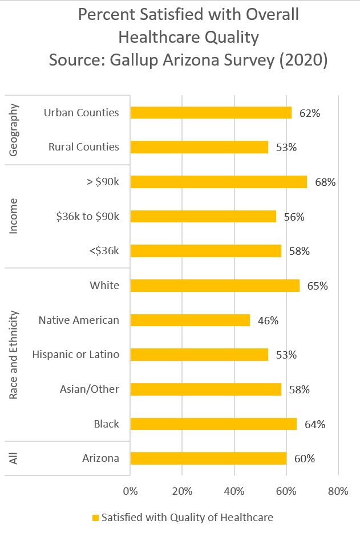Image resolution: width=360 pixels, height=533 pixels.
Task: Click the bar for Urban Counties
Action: click(x=211, y=112)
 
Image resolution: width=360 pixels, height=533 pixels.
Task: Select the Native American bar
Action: click(x=190, y=320)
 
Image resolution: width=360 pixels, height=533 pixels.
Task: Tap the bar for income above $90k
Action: click(x=219, y=182)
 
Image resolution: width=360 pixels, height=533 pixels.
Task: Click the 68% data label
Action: click(x=325, y=182)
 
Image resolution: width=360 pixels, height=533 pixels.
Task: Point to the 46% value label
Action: click(x=268, y=321)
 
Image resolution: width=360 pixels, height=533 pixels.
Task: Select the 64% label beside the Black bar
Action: click(x=315, y=425)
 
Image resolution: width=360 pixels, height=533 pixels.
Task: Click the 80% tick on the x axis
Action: click(x=338, y=491)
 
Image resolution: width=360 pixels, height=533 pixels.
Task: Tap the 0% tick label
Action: click(x=131, y=491)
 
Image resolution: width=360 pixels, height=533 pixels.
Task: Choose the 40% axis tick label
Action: click(x=234, y=491)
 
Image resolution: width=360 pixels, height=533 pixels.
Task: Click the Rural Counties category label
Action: click(x=84, y=147)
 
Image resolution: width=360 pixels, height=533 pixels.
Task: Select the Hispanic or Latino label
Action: click(x=76, y=355)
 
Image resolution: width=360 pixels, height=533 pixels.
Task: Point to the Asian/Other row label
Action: click(x=90, y=389)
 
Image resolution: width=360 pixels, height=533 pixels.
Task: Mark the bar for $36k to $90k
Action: click(x=203, y=217)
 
